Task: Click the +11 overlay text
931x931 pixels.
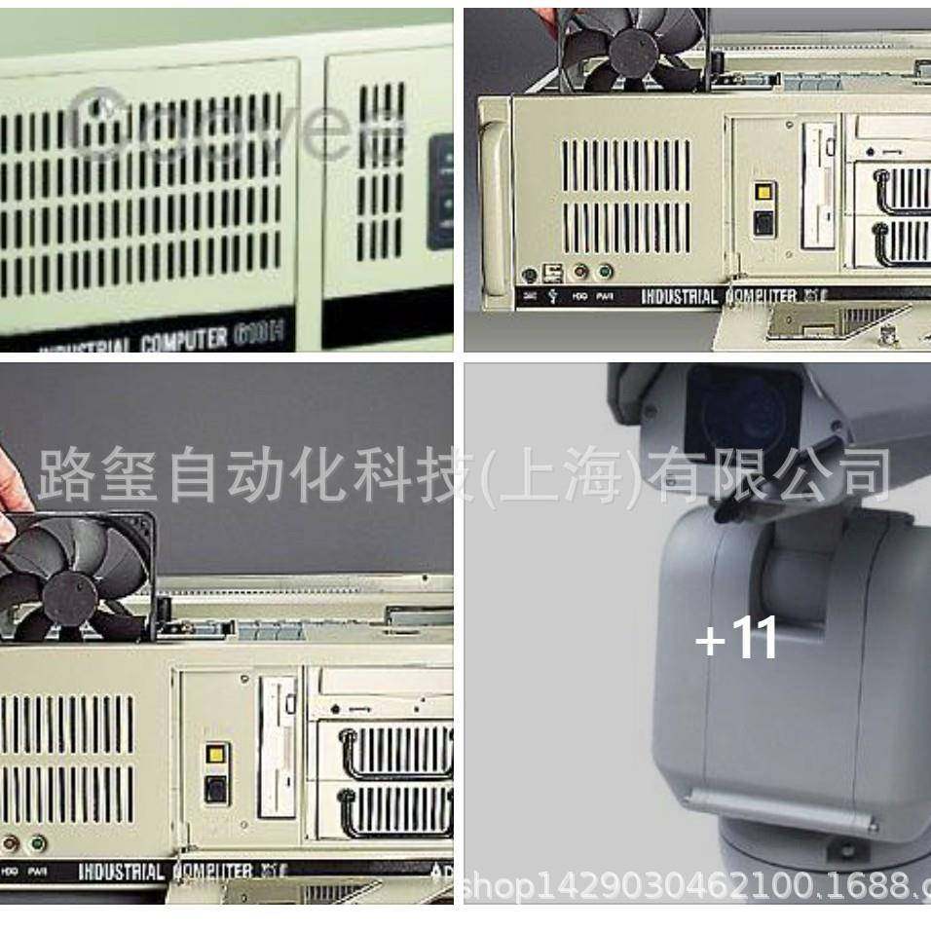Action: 736,640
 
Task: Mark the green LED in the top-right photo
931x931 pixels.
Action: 605,274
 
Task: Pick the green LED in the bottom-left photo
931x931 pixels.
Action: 38,843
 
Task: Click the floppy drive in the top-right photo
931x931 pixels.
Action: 818,185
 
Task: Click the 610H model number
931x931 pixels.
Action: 258,338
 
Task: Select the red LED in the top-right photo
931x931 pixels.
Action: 581,274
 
